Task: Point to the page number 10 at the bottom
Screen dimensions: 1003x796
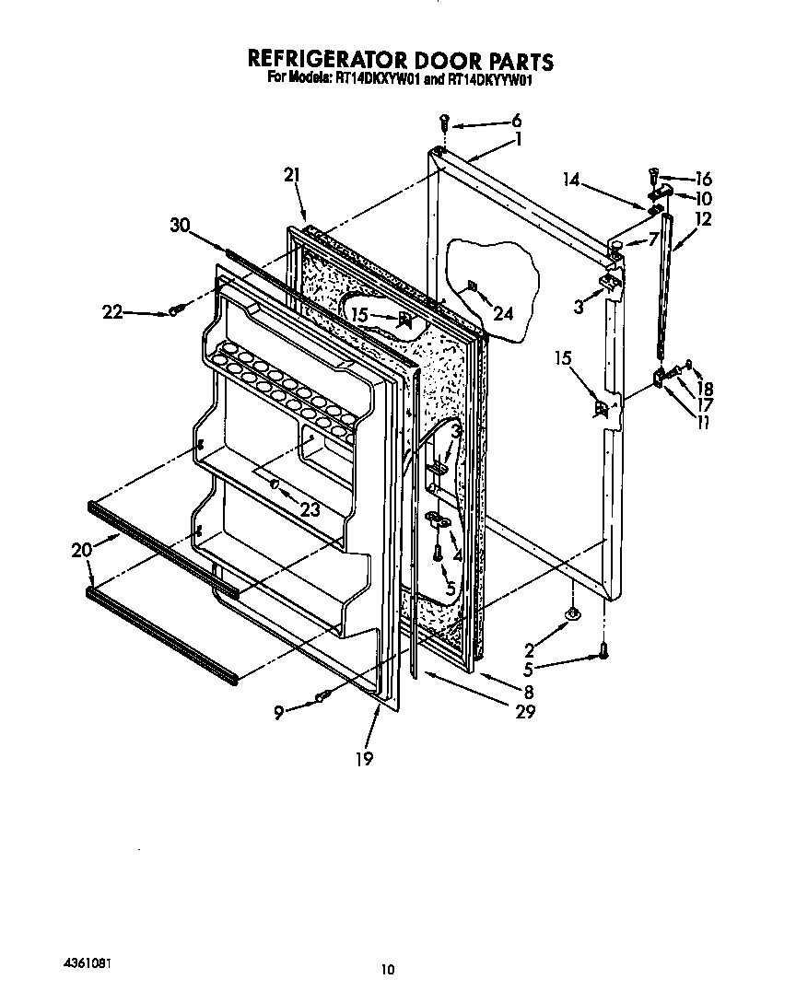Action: point(388,969)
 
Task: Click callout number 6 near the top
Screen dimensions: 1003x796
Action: point(516,121)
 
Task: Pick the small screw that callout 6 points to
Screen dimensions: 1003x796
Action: point(444,120)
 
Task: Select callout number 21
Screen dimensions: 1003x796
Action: point(293,174)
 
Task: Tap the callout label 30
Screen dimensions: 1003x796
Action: point(181,224)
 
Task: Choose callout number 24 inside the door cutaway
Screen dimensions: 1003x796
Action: point(502,313)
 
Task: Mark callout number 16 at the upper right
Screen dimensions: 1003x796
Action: point(704,179)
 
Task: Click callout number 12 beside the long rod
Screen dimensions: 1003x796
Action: point(704,220)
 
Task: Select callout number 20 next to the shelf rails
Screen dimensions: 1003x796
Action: point(81,551)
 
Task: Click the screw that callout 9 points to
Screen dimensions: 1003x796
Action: point(321,696)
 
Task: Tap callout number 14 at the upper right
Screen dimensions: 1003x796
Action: point(571,180)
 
